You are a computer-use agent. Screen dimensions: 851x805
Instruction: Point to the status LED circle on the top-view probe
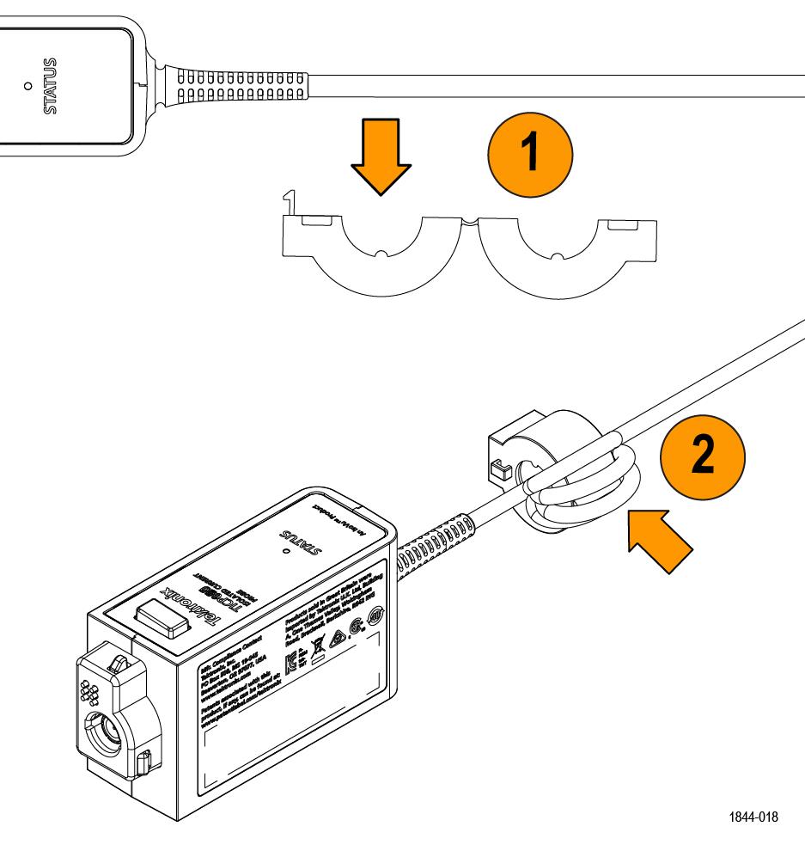28,86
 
